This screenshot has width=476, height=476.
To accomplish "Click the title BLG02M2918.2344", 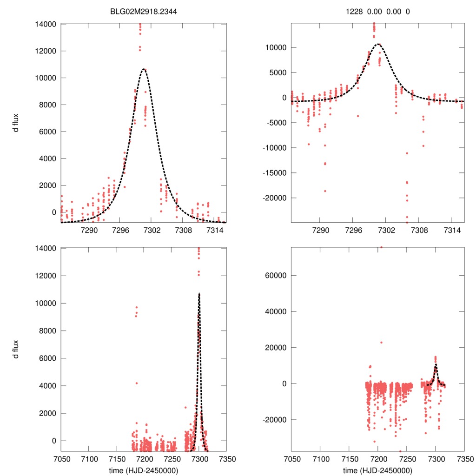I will point(144,11).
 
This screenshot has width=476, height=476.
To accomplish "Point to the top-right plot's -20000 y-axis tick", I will point(274,198).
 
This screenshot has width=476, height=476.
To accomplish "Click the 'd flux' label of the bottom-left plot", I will point(16,350).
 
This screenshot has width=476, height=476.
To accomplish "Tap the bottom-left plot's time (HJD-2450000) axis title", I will point(144,470).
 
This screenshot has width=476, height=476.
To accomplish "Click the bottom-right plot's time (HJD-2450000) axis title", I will point(377,470).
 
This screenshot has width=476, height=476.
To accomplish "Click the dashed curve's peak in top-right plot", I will point(379,44).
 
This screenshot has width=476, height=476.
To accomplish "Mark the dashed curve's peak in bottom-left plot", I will point(199,293).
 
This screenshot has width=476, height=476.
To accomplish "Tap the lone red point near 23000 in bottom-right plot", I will point(381,342).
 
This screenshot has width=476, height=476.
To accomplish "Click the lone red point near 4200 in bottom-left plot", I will point(137,383).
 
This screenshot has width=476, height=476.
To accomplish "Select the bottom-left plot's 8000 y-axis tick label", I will point(47,331).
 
